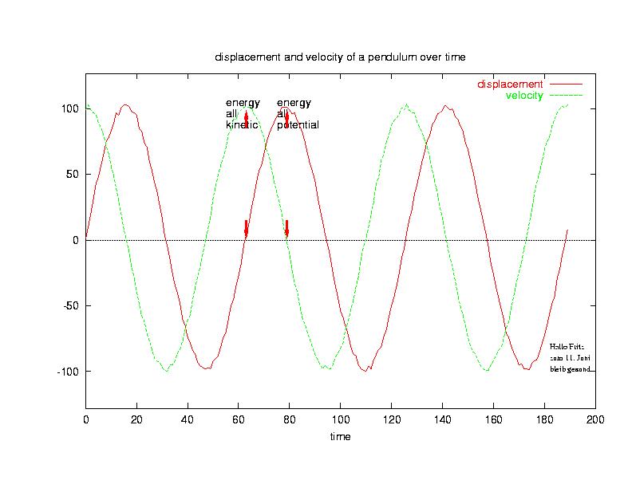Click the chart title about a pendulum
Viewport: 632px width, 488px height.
339,57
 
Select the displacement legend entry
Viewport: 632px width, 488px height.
510,84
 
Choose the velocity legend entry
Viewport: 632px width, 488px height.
524,96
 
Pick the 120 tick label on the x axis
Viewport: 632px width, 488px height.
392,419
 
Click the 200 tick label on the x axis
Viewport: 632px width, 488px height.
595,419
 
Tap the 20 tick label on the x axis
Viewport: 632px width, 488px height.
136,419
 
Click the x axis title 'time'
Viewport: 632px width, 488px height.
341,436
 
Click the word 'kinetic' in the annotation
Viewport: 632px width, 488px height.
242,125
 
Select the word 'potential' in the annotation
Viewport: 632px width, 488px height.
298,125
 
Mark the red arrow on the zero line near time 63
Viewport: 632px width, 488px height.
246,228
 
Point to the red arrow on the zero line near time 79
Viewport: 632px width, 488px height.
286,228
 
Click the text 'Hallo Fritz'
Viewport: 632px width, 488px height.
567,347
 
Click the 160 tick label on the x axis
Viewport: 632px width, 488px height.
494,419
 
